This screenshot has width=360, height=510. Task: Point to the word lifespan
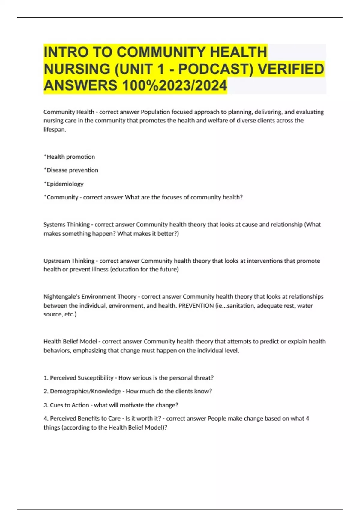tap(55, 130)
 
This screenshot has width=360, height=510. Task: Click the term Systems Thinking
tap(67, 225)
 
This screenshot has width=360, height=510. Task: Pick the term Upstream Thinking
tap(69, 261)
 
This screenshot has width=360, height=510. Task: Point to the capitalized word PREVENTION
tap(196, 306)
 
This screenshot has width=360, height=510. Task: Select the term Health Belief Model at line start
tap(70, 341)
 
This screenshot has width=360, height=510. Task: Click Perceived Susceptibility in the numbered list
tap(82, 378)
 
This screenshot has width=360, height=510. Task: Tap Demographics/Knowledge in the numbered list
tap(85, 391)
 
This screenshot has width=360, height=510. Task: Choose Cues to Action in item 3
tap(69, 405)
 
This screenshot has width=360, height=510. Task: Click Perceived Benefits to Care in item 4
tap(85, 418)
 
